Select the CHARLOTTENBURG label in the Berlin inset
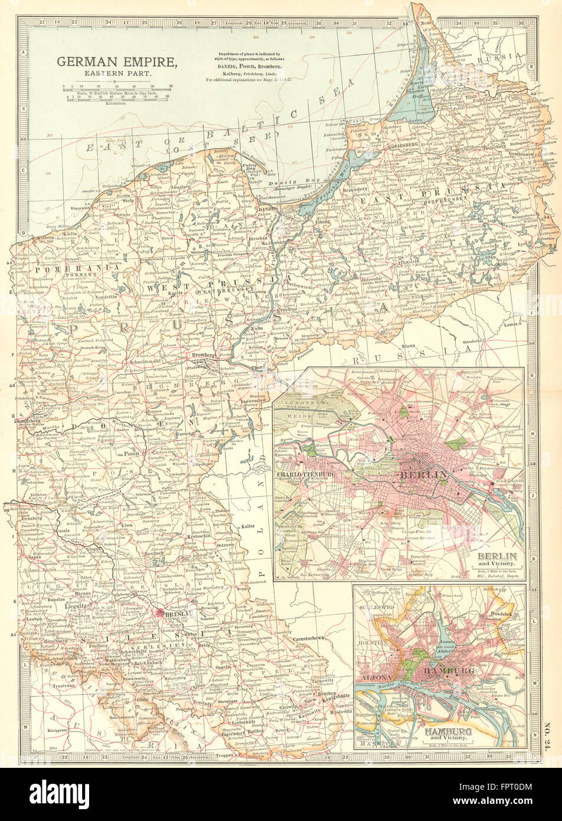click(306, 474)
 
